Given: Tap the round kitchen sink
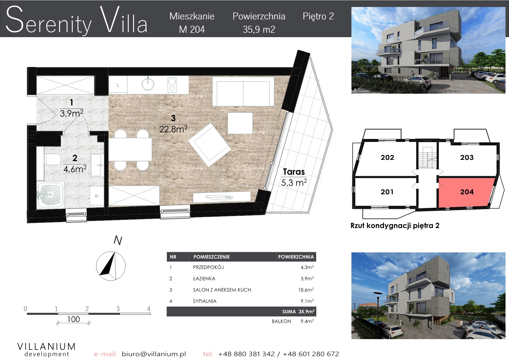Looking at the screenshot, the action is tap(148, 84).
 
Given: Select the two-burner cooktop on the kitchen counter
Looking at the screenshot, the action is tap(172, 84).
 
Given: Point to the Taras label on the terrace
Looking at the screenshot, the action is tap(294, 172).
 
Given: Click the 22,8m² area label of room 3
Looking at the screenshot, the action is tap(173, 129).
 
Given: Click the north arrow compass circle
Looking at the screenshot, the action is tap(111, 266).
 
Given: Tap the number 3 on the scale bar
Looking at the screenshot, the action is tap(118, 309).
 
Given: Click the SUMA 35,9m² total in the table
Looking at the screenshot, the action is tap(298, 312).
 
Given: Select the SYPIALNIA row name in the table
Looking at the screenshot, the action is tap(205, 301).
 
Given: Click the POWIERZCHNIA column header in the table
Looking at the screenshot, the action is tap(296, 257).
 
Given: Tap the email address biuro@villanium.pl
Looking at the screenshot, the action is tap(154, 354).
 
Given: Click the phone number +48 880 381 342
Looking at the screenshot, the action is tap(246, 354).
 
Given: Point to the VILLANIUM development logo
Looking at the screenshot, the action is tap(47, 350).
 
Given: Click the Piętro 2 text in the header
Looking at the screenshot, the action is tap(318, 17).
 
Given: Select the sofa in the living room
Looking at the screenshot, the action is tap(243, 91).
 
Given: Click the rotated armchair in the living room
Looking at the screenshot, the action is tap(210, 144).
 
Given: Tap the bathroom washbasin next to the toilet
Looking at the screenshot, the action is tap(96, 165).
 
